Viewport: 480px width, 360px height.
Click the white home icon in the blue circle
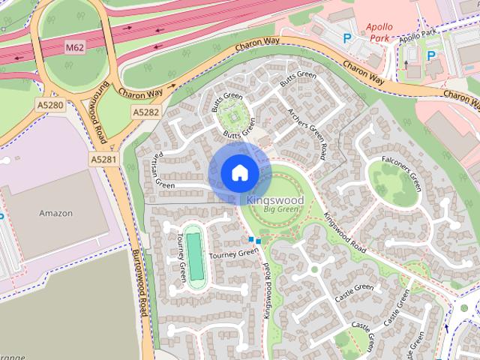point(239,172)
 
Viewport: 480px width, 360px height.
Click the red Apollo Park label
point(379,31)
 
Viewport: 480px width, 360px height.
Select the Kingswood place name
point(275,201)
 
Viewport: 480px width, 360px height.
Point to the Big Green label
point(275,211)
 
